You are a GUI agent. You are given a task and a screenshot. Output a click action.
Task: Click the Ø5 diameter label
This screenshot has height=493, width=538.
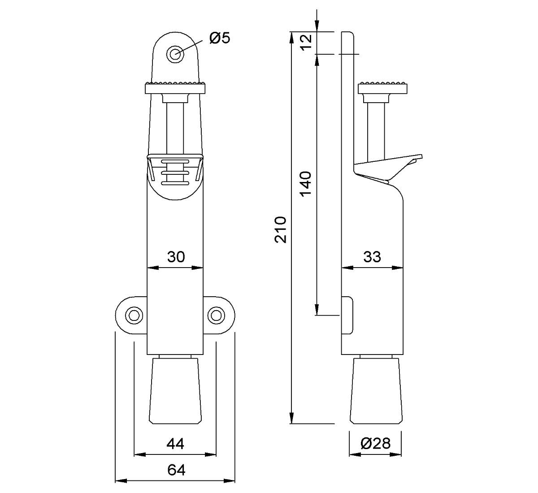click(x=220, y=38)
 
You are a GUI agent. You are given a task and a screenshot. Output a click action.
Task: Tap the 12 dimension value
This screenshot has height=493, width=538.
click(x=306, y=43)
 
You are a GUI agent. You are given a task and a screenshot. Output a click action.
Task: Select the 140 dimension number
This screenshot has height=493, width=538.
click(x=306, y=184)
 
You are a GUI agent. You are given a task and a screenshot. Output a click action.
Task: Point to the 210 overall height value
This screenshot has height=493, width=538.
click(x=281, y=229)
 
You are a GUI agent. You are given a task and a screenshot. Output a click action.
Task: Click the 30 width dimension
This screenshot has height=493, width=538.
click(x=176, y=257)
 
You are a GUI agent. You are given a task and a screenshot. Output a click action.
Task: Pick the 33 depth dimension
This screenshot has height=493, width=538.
click(x=372, y=257)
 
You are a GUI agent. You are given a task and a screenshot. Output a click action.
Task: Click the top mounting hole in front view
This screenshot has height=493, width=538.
click(x=175, y=54)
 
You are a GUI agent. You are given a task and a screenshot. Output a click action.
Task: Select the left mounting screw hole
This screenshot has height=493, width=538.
click(x=134, y=316)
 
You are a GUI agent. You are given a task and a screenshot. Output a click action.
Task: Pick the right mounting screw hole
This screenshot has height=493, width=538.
click(x=216, y=316)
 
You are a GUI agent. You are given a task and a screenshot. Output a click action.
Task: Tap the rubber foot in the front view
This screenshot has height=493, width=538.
click(x=175, y=391)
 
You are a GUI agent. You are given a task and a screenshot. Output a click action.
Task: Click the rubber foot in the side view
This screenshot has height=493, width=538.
click(x=376, y=391)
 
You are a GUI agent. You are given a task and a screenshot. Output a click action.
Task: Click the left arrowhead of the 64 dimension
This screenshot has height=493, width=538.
click(x=121, y=480)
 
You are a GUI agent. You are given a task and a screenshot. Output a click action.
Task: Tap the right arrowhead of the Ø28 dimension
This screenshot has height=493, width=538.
click(x=396, y=454)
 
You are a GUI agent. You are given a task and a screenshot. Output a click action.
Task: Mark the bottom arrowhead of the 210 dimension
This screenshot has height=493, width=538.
click(x=292, y=418)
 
